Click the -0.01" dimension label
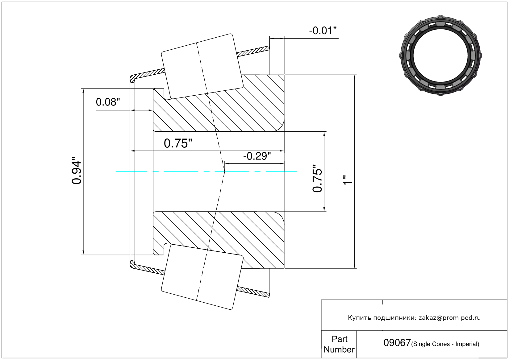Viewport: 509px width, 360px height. click(323, 31)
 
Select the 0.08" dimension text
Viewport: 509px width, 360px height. click(108, 102)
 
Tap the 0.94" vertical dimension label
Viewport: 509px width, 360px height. click(76, 170)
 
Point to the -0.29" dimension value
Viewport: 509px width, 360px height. click(257, 156)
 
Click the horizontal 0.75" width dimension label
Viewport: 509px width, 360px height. click(178, 143)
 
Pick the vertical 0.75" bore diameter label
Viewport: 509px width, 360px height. click(317, 178)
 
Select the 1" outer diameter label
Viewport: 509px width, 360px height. click(348, 180)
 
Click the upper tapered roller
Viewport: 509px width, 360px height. click(202, 66)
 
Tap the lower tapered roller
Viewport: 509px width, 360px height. click(202, 277)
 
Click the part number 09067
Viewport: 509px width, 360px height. click(397, 343)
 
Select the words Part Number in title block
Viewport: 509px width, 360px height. click(339, 344)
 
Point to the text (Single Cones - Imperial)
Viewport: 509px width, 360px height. click(445, 344)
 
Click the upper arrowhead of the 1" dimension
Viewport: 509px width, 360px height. click(354, 77)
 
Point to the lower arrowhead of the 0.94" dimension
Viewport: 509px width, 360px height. click(83, 252)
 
